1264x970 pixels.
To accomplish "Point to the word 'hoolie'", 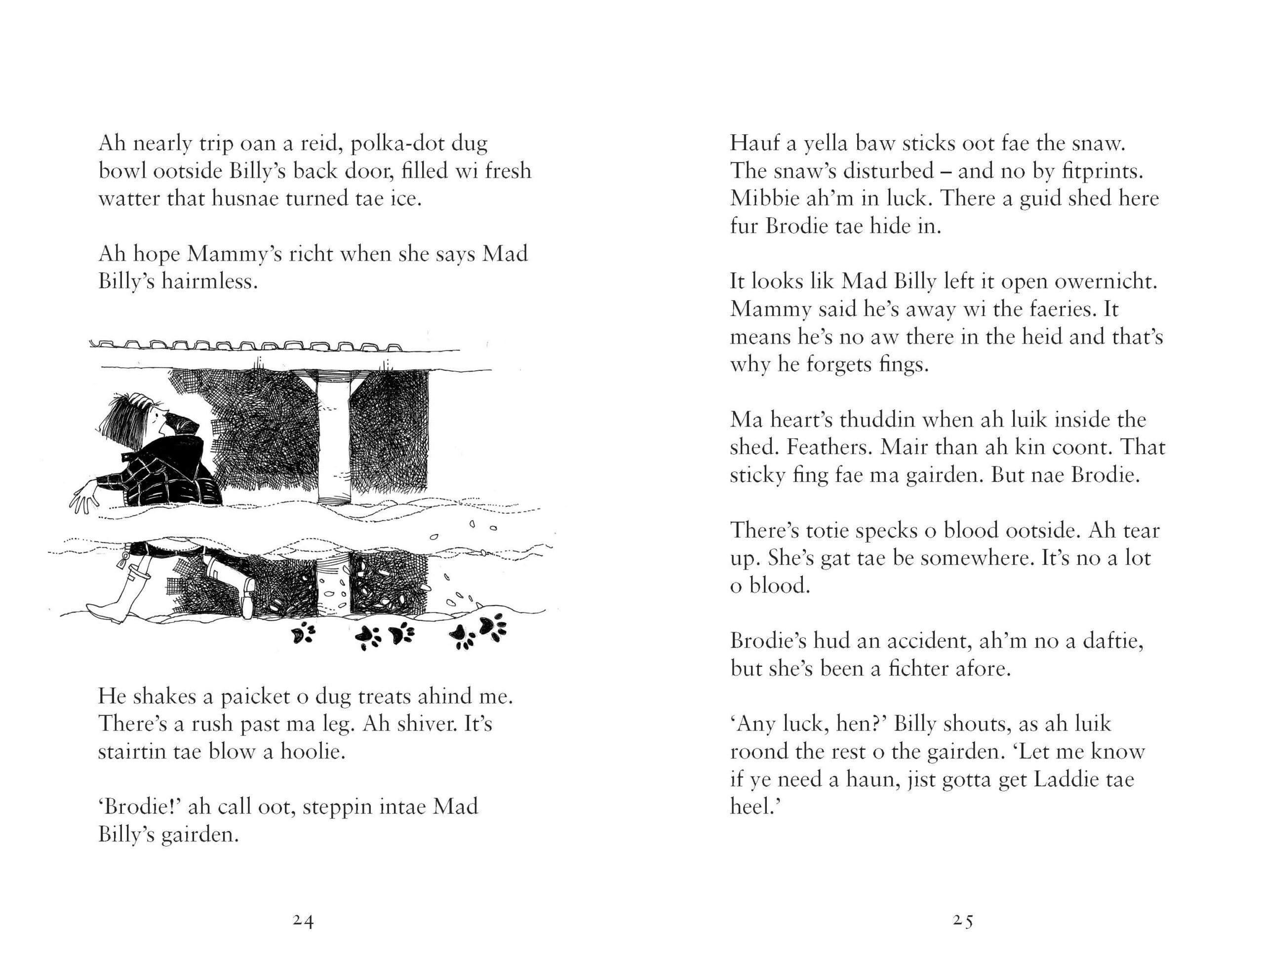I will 312,752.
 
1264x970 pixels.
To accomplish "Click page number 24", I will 303,921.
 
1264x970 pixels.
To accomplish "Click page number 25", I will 963,921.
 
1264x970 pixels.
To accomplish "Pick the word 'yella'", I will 828,143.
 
